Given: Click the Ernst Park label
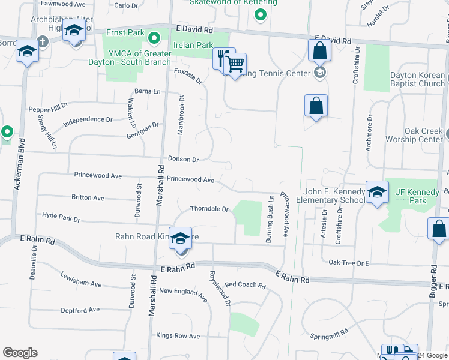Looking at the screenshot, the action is pyautogui.click(x=125, y=32).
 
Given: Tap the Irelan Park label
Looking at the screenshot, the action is pyautogui.click(x=193, y=45).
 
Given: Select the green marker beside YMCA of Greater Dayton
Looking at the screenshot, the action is pyautogui.click(x=154, y=40).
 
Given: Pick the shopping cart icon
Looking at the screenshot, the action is pyautogui.click(x=235, y=64).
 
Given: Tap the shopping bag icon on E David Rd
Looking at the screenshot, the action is pyautogui.click(x=319, y=51).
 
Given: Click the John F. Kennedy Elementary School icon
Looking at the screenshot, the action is pyautogui.click(x=376, y=193).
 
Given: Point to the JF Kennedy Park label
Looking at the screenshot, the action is pyautogui.click(x=418, y=196).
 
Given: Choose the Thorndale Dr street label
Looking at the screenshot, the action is pyautogui.click(x=209, y=209).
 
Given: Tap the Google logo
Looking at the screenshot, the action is pyautogui.click(x=20, y=353).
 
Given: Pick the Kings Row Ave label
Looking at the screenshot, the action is pyautogui.click(x=178, y=336).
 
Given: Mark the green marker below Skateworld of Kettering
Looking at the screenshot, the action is pyautogui.click(x=260, y=15).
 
